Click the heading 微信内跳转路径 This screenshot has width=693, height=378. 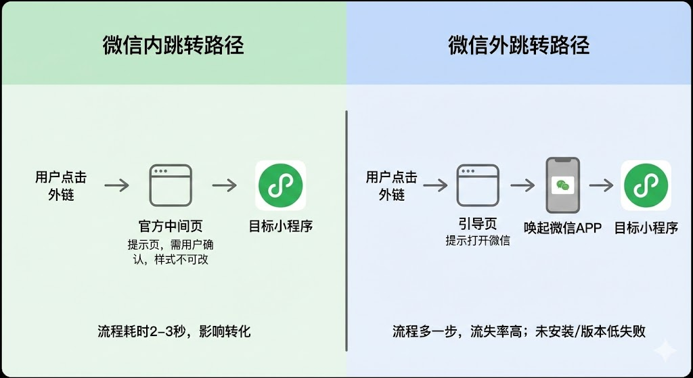pos(173,45)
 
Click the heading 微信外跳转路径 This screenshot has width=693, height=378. pos(518,45)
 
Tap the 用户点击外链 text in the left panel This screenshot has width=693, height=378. pos(61,186)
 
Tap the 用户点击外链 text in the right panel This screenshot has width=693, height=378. pos(392,186)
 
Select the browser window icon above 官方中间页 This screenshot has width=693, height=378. pos(171,185)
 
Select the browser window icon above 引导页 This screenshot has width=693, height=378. pos(478,185)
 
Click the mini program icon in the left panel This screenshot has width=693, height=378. pos(281,185)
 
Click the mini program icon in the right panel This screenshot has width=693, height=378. pos(646,185)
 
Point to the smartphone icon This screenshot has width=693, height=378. pos(563,185)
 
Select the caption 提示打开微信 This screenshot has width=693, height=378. pos(478,241)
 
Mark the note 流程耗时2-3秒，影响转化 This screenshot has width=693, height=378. pos(174,332)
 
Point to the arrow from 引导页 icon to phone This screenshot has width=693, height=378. pos(523,185)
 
